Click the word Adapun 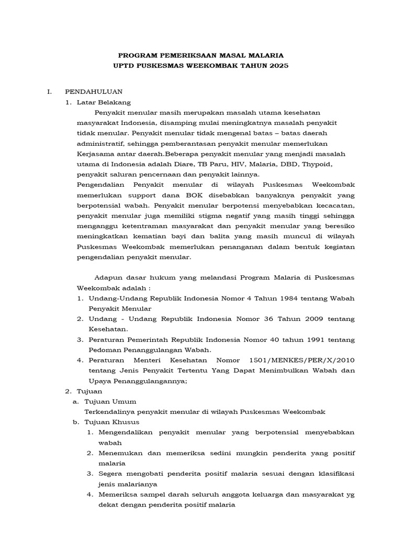(x=108, y=277)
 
